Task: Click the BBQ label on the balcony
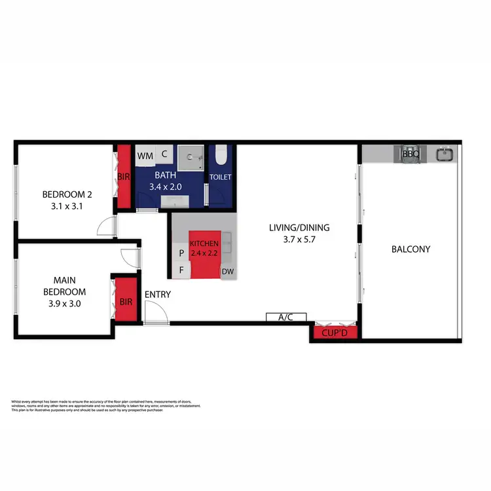tap(410, 155)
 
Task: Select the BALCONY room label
tap(410, 249)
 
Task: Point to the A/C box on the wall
tap(285, 318)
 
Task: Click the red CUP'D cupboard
tap(335, 333)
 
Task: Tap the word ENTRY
tap(157, 295)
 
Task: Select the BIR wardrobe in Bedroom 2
tap(124, 177)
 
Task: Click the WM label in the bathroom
tap(145, 156)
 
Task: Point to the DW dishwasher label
tap(228, 271)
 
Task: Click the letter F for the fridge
tap(181, 269)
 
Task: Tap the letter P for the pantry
tap(181, 252)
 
